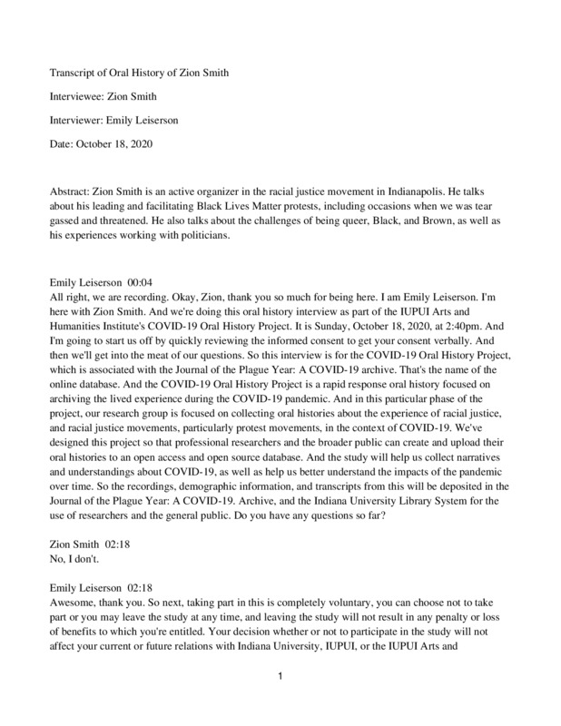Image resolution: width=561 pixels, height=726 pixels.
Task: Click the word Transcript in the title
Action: pos(74,73)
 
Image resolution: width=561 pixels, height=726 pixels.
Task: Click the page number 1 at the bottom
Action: pos(281,701)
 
